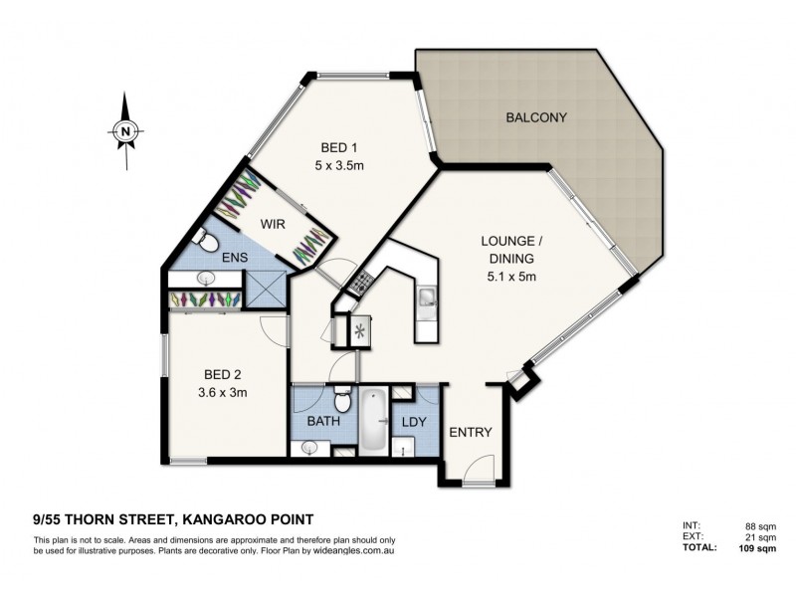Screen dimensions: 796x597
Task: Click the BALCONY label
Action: coord(536,117)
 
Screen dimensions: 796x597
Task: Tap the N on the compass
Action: coord(125,131)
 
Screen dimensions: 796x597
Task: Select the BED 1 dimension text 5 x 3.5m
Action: coord(339,165)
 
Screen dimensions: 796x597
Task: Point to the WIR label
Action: coord(273,224)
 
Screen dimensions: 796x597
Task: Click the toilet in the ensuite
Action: coord(205,240)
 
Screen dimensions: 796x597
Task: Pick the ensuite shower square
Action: coord(266,289)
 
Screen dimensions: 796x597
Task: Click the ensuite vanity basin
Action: coord(206,279)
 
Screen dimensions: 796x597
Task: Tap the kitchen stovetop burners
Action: coord(361,282)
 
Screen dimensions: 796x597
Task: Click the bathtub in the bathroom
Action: coord(373,419)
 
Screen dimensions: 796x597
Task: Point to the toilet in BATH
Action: coord(342,400)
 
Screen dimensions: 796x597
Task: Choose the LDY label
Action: coord(414,421)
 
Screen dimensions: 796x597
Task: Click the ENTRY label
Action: coord(471,432)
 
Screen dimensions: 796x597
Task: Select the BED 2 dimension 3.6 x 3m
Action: coord(222,392)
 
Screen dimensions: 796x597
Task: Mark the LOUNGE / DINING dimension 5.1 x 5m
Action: coord(511,277)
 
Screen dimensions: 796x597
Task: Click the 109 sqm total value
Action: coord(757,548)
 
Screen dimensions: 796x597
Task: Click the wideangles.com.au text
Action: coord(354,550)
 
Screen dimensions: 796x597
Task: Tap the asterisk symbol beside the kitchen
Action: coord(359,332)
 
